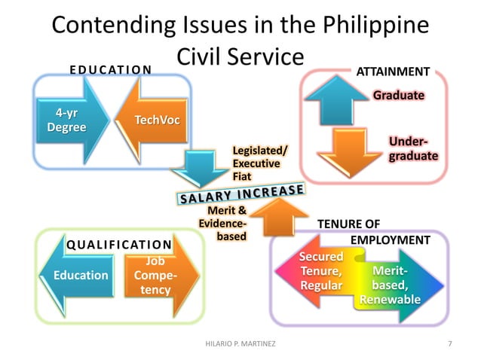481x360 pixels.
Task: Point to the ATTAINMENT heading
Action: [393, 72]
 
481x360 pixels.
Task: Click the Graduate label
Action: [398, 96]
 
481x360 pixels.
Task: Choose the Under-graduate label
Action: [412, 148]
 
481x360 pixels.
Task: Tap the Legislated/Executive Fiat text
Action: [256, 163]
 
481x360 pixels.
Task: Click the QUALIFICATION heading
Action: [119, 244]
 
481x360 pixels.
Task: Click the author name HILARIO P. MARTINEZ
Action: [241, 344]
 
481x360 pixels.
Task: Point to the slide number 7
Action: [450, 344]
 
